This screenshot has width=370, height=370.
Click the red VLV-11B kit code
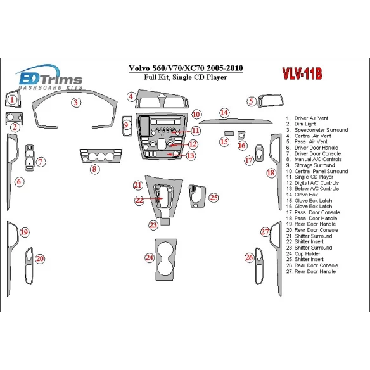tap(302, 73)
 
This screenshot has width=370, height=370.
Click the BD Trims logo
tap(49, 77)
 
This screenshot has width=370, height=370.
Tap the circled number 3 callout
tap(76, 103)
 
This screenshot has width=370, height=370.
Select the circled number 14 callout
tap(224, 113)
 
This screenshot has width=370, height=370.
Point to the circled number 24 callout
tap(150, 258)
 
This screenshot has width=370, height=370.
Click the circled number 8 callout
tap(94, 169)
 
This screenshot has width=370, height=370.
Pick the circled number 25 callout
tap(214, 198)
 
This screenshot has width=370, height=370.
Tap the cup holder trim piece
tap(166, 260)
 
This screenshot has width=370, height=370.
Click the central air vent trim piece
tap(162, 99)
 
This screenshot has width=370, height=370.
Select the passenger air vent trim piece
tap(271, 101)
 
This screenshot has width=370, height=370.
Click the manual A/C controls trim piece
tap(101, 156)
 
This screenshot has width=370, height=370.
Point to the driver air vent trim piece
tap(13, 99)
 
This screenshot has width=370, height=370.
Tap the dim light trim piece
tap(14, 118)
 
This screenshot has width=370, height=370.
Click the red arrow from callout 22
tap(153, 198)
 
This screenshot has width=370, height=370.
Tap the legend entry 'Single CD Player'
tap(309, 177)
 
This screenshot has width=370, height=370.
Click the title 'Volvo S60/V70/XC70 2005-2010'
tap(186, 68)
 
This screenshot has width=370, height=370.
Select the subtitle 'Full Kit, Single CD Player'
tap(186, 77)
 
